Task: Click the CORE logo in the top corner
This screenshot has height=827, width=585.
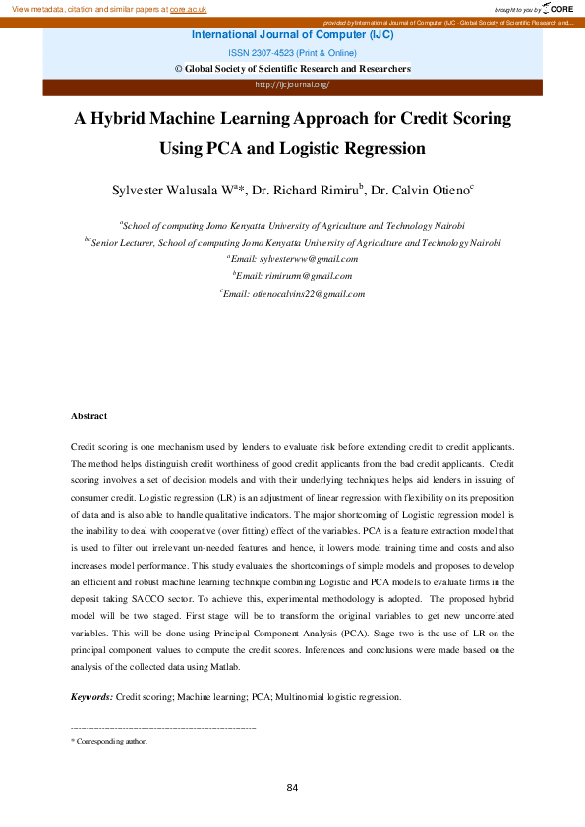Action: pos(557,8)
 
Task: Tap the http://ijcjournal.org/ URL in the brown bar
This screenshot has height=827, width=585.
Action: pos(292,84)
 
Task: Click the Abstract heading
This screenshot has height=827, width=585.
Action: pos(89,416)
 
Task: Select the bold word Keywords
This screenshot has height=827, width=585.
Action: pos(92,697)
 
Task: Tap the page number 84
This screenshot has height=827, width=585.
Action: pos(292,787)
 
